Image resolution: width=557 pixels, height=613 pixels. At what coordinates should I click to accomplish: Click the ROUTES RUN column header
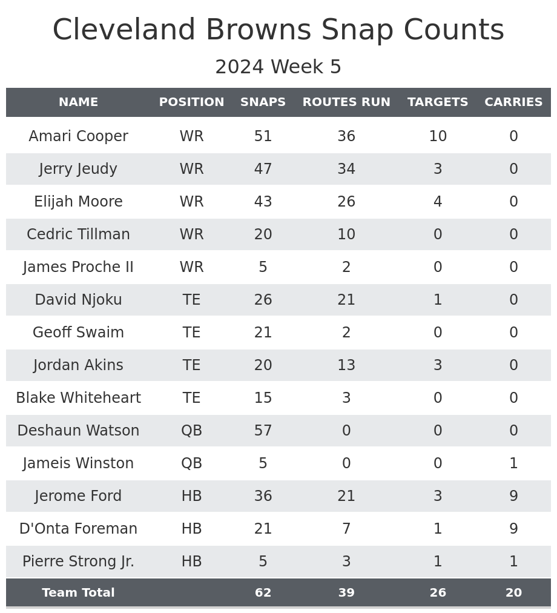(x=346, y=102)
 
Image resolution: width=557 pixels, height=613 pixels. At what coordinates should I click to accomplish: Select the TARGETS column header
(x=438, y=102)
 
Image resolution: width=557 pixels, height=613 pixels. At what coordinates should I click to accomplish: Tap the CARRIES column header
(x=513, y=102)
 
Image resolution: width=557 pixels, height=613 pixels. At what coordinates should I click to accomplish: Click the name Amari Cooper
(x=78, y=136)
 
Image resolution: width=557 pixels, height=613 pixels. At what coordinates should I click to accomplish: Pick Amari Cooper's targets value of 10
(x=438, y=136)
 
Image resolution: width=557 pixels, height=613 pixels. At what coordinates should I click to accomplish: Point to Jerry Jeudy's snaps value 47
(x=263, y=169)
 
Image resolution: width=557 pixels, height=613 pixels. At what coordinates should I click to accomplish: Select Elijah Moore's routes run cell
(x=346, y=202)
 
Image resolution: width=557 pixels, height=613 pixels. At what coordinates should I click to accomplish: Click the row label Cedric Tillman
(x=78, y=234)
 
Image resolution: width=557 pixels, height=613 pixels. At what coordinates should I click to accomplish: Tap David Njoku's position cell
(x=191, y=300)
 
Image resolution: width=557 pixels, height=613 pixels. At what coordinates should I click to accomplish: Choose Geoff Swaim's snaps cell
(x=263, y=333)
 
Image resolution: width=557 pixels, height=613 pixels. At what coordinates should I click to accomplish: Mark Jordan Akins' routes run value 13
(x=346, y=365)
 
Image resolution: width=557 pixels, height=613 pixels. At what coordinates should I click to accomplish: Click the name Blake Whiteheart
(x=78, y=398)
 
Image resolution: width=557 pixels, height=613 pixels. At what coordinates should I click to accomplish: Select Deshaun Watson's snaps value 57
(x=263, y=431)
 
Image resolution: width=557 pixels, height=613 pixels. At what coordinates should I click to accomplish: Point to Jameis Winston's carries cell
(x=513, y=463)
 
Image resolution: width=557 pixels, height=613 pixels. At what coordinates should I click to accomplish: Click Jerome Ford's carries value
(x=513, y=496)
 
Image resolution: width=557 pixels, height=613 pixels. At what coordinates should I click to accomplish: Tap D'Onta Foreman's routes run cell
(x=346, y=529)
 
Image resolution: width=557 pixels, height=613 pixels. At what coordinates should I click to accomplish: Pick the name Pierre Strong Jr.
(x=78, y=562)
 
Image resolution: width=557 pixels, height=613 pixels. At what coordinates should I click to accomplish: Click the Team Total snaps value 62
(x=263, y=593)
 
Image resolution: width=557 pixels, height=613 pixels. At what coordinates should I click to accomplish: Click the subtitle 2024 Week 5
(x=278, y=67)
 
